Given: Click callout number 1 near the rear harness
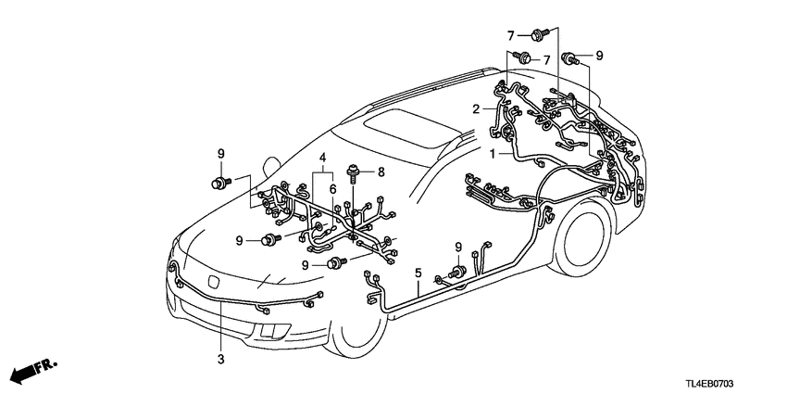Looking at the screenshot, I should coord(493,153).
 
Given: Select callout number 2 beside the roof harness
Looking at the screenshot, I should coord(476,108).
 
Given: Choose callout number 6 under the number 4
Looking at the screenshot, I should coord(331,188).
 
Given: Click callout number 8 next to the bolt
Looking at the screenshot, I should coord(381,172).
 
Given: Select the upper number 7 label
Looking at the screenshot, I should coord(508,34).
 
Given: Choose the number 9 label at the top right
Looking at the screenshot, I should coord(599,57).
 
